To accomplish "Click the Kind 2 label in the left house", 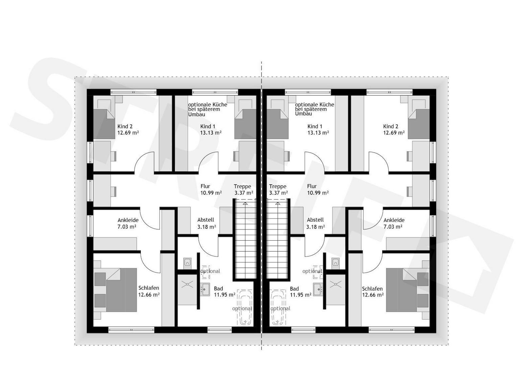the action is (x=125, y=126).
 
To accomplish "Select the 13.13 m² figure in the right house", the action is (x=318, y=133).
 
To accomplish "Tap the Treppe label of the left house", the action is (x=243, y=186).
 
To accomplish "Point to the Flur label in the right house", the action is (x=312, y=186).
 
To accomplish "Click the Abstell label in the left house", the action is (x=206, y=220).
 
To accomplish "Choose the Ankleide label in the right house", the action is (x=394, y=220).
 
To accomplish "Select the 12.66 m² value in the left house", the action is (x=149, y=295).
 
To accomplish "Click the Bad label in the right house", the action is (x=294, y=289).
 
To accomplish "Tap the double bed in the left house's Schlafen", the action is (x=121, y=290).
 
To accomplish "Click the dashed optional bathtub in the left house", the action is (x=245, y=307).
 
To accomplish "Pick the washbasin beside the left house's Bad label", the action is (x=205, y=289).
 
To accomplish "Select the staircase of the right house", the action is (x=277, y=239).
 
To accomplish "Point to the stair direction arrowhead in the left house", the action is (x=245, y=204).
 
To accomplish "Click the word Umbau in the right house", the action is (x=303, y=114).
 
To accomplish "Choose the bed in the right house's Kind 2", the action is (x=419, y=124).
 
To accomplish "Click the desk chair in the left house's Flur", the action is (x=114, y=191).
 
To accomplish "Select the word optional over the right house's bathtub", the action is (x=280, y=308).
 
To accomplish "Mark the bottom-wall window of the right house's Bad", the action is (x=303, y=330).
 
